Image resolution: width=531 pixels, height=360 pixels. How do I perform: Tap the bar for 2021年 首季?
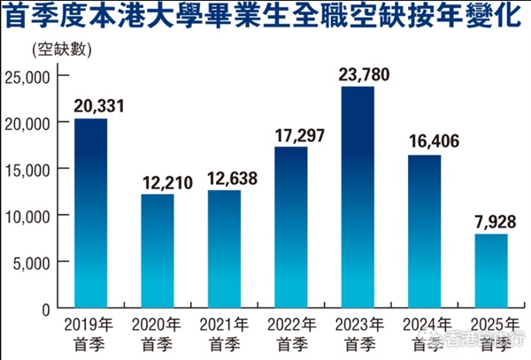[x=224, y=249]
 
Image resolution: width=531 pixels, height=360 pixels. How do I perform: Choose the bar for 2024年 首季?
[x=424, y=232]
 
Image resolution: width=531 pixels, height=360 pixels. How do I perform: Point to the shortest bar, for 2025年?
[x=490, y=271]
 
